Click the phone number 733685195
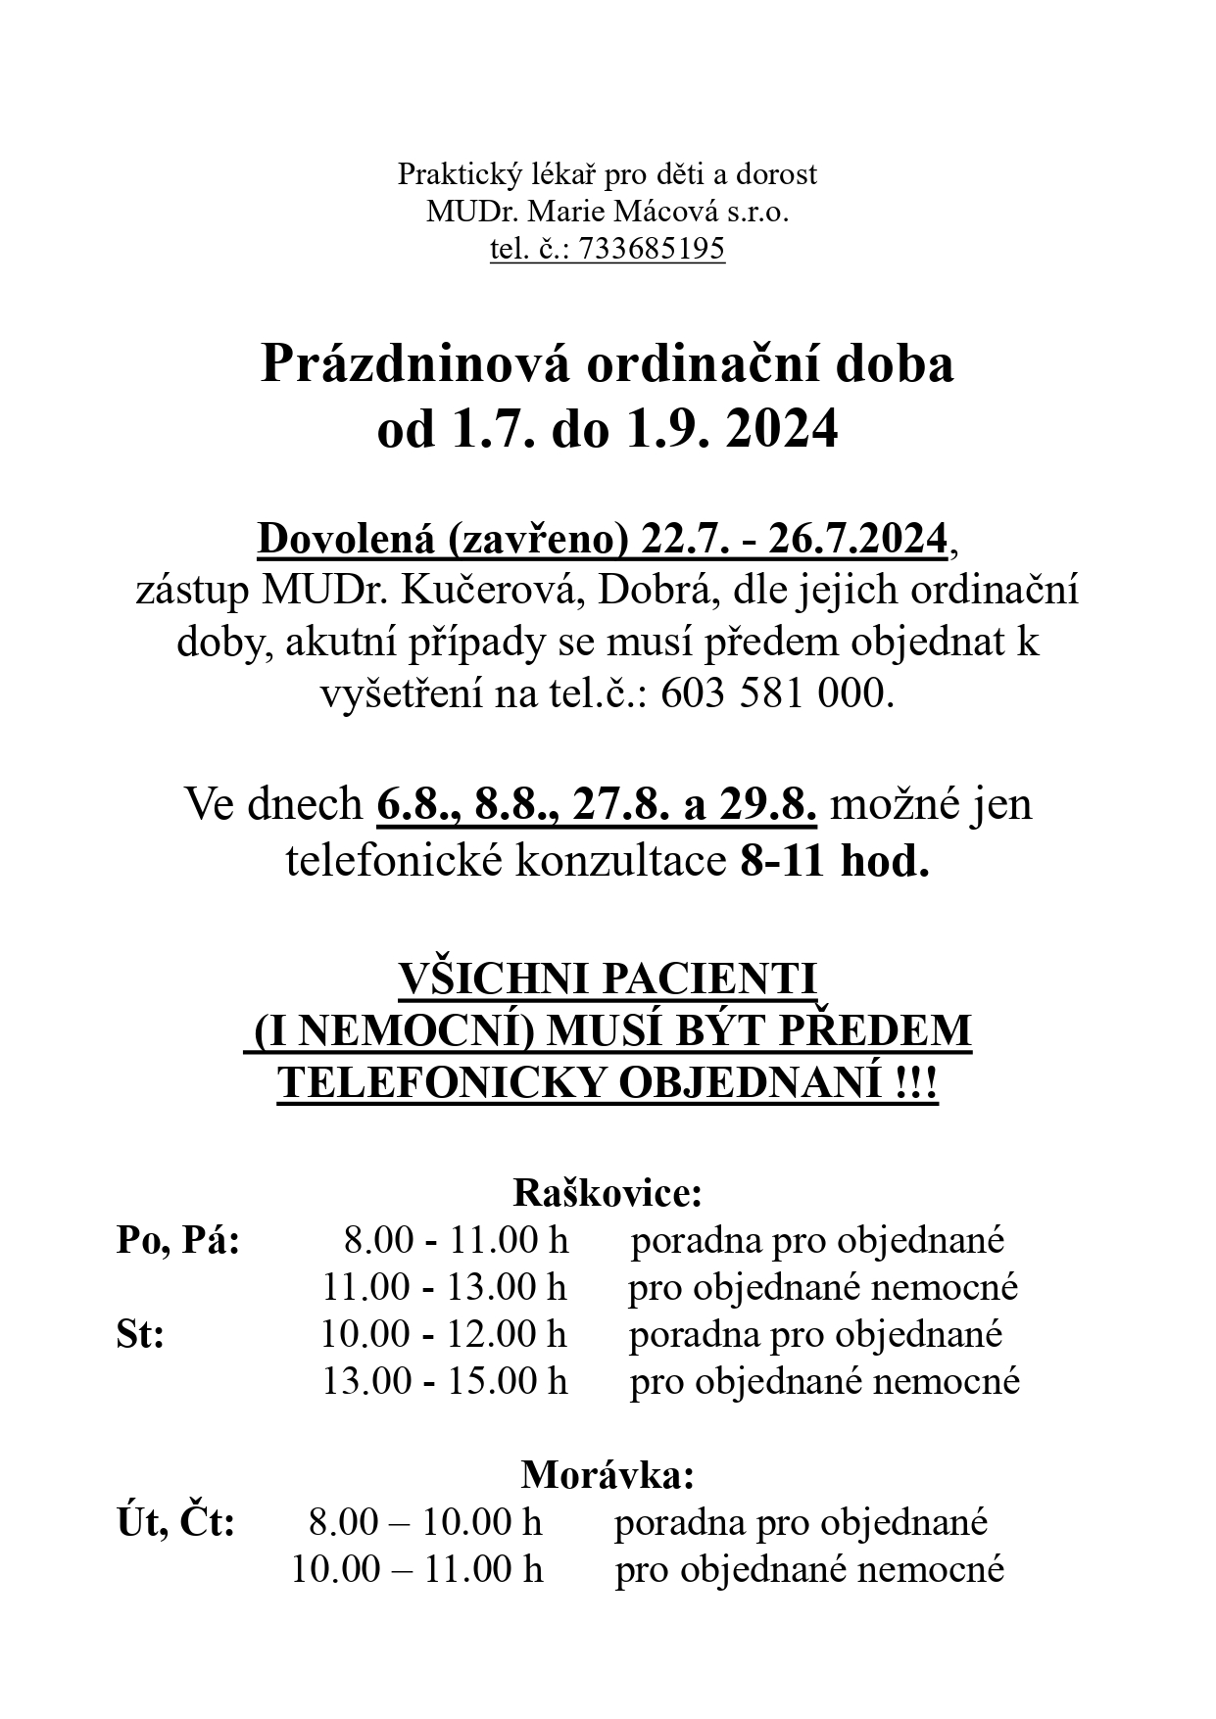652,250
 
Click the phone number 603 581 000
778,693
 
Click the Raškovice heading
608,1193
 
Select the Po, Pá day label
177,1240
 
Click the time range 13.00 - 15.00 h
445,1381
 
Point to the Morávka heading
608,1474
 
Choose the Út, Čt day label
175,1522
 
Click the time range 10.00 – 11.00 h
416,1569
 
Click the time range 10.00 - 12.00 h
444,1334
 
